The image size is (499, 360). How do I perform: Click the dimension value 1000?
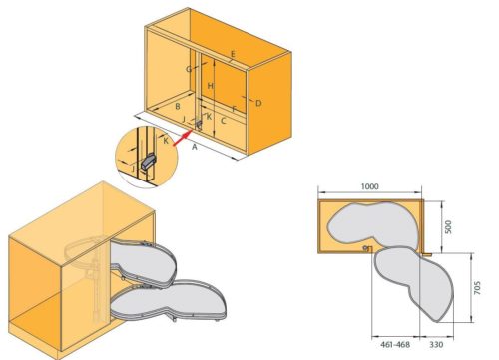click(x=370, y=186)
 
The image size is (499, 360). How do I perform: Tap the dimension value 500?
click(x=448, y=227)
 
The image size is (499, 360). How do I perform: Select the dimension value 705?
click(x=477, y=288)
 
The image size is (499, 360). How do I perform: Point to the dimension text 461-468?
click(x=395, y=344)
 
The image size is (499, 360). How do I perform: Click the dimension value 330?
click(x=436, y=344)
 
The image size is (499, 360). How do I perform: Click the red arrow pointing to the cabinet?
click(x=184, y=138)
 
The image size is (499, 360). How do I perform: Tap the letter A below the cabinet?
click(x=195, y=147)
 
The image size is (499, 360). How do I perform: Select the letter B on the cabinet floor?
click(x=178, y=107)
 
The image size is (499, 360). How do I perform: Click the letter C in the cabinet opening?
click(x=224, y=121)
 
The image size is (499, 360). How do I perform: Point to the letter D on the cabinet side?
click(x=258, y=103)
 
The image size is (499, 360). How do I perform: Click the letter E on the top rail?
click(x=233, y=54)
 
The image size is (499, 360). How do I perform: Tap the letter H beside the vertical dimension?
click(x=210, y=86)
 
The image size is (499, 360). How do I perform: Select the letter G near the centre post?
click(x=189, y=69)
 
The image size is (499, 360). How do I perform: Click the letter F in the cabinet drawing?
click(x=235, y=109)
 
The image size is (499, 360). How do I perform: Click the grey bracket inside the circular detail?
click(x=148, y=162)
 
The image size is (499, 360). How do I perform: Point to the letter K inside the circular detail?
click(x=166, y=141)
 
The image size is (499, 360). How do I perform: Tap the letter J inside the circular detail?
click(x=133, y=169)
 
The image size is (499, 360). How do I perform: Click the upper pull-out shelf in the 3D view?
click(x=144, y=262)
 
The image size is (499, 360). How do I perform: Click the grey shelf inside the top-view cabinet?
click(x=371, y=223)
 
